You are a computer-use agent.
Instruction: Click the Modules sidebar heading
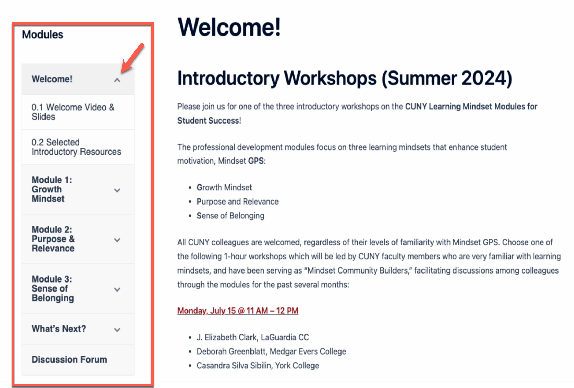[x=42, y=34]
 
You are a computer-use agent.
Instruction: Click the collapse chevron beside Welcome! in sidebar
[x=117, y=80]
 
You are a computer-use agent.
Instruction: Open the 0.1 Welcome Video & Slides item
[x=73, y=112]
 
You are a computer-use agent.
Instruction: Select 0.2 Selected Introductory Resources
[x=76, y=147]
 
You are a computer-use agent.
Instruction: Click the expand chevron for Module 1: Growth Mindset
[x=117, y=190]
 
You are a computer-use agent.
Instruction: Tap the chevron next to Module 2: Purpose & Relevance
[x=117, y=240]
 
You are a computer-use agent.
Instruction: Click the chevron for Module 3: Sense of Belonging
[x=117, y=290]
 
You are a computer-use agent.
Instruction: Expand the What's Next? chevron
[x=117, y=330]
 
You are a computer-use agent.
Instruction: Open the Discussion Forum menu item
[x=69, y=359]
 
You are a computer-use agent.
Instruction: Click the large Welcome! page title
[x=229, y=27]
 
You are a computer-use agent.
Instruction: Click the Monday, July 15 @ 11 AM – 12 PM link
[x=238, y=311]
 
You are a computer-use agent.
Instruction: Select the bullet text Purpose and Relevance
[x=238, y=202]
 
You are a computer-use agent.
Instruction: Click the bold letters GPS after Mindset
[x=256, y=161]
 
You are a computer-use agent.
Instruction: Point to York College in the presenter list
[x=297, y=366]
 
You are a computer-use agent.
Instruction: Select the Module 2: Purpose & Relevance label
[x=53, y=239]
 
